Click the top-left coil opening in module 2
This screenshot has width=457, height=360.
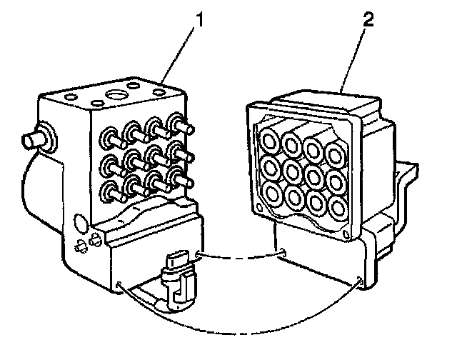pos(268,138)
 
